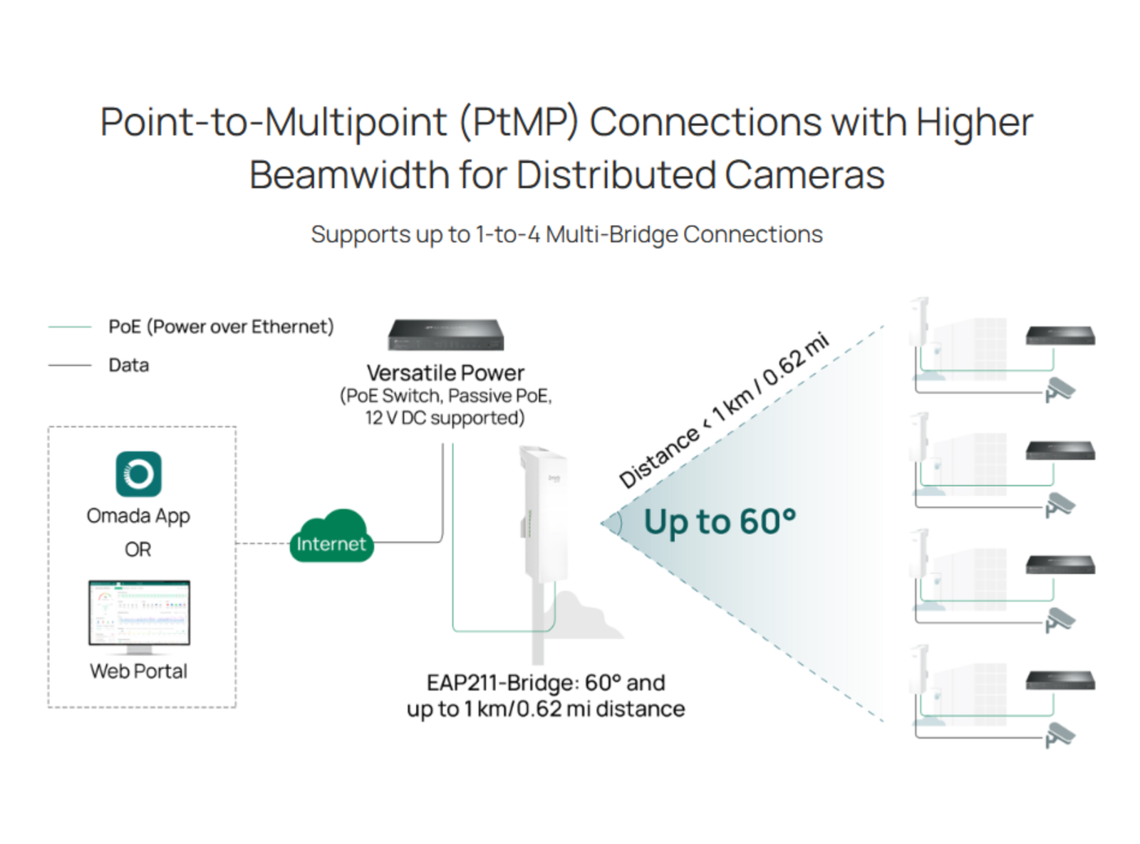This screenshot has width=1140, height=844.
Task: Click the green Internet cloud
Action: [x=331, y=536]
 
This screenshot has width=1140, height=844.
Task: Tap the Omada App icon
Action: [x=138, y=474]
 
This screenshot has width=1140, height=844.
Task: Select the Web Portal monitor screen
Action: [x=139, y=613]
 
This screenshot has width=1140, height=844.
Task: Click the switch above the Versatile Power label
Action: [x=445, y=335]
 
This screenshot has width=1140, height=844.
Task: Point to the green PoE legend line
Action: [x=70, y=327]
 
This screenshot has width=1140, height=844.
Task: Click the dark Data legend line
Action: [x=70, y=365]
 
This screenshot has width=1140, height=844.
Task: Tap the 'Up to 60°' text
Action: [x=720, y=522]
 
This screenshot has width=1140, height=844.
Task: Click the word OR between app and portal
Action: [x=138, y=549]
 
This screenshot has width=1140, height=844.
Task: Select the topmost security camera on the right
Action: [x=1059, y=390]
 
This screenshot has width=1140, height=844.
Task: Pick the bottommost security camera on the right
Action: [x=1059, y=735]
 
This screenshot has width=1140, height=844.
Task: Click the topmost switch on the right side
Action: [x=1060, y=335]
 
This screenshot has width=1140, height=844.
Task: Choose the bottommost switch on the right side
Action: [x=1060, y=681]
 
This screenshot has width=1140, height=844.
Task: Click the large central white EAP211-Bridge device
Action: [x=544, y=514]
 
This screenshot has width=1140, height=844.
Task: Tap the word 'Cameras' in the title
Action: [x=804, y=174]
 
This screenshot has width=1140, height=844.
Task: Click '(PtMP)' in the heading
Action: [x=519, y=123]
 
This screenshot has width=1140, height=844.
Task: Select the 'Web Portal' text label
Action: [x=139, y=672]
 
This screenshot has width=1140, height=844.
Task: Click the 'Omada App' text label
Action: [x=138, y=516]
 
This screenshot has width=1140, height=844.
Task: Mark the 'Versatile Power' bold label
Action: [x=445, y=372]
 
